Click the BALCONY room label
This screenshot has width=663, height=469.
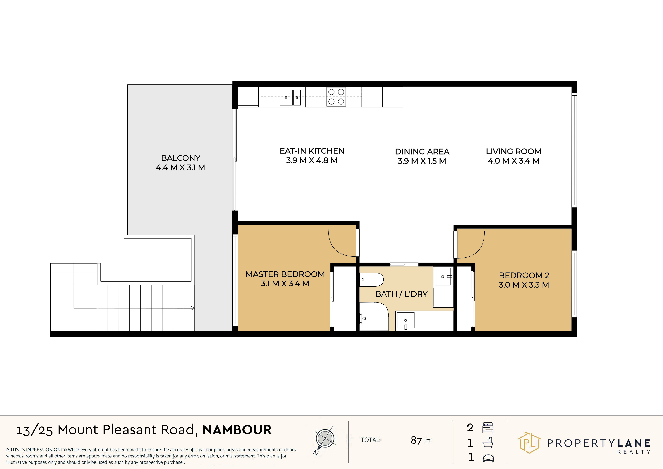180,158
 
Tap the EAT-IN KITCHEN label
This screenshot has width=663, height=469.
312,151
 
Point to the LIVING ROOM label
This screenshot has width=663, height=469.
514,151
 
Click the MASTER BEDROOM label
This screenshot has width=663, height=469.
285,274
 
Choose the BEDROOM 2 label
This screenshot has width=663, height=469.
524,275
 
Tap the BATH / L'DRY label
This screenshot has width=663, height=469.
401,294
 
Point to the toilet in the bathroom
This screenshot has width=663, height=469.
372,280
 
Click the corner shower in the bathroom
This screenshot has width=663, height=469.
374,316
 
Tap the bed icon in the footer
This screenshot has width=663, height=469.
488,427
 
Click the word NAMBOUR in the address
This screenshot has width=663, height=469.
237,430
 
